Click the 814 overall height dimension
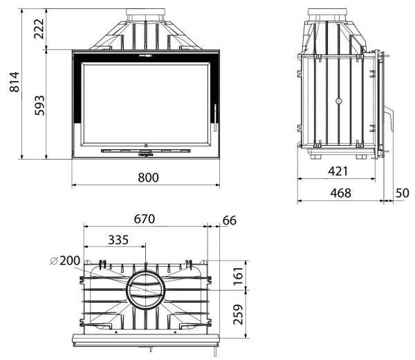click(15, 82)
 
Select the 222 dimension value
click(39, 28)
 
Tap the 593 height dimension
click(39, 105)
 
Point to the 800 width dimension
click(148, 178)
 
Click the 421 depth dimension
click(338, 171)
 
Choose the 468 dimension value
click(340, 193)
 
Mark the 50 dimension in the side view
click(403, 193)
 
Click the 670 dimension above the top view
click(145, 219)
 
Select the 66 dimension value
click(230, 220)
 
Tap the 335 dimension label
click(118, 240)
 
